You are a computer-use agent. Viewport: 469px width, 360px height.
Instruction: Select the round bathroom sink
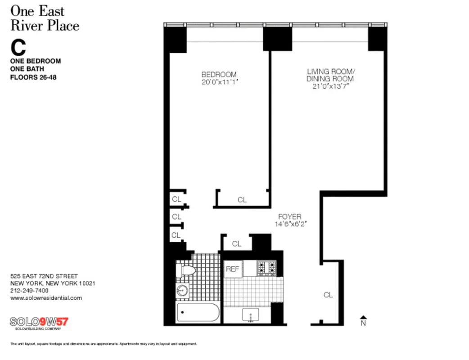tap(182, 290)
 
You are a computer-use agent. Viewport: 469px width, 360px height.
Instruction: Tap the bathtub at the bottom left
tap(198, 312)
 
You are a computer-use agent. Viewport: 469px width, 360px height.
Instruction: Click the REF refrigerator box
tap(233, 269)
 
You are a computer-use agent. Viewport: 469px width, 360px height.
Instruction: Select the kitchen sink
tap(250, 315)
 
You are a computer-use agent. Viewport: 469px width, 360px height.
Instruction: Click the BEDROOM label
tap(219, 74)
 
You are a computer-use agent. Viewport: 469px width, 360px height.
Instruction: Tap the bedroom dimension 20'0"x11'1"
tap(219, 82)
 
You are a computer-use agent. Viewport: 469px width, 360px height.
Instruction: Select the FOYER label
tap(289, 216)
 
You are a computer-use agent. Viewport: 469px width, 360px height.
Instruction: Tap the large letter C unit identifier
tap(18, 47)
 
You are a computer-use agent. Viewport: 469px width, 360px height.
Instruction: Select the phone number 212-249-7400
tap(29, 290)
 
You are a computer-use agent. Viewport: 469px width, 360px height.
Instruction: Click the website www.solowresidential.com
tap(46, 297)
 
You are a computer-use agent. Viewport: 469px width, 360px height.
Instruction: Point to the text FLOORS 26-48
tap(33, 77)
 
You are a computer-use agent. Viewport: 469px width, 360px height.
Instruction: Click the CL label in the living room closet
tap(328, 295)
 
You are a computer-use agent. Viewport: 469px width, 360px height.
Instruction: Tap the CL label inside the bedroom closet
tap(242, 200)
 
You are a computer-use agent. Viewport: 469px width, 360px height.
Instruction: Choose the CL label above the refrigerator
tap(237, 244)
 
